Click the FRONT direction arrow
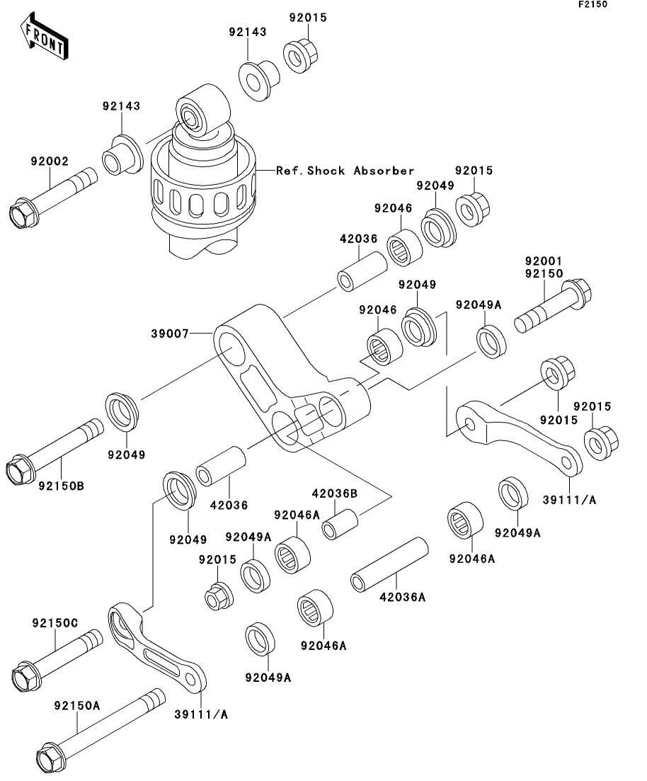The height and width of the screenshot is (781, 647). coord(45,38)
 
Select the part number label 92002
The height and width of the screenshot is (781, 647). coord(49,161)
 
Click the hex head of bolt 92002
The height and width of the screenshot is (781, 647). coord(24,213)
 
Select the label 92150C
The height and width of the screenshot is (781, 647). coord(55,622)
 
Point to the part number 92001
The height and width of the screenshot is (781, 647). coord(543,261)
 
